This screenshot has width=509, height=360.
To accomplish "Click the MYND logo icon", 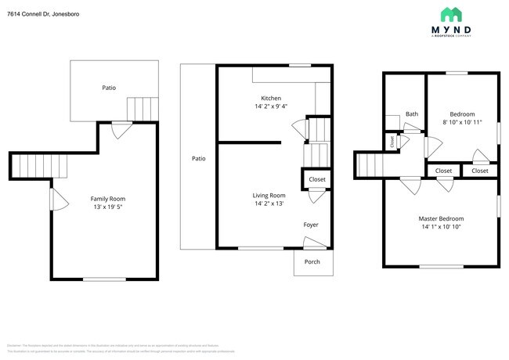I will pyautogui.click(x=451, y=15).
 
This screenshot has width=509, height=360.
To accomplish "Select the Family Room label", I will pyautogui.click(x=108, y=199).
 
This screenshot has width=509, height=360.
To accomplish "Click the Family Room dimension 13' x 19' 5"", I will pyautogui.click(x=108, y=207).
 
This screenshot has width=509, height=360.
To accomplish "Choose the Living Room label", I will pyautogui.click(x=269, y=195).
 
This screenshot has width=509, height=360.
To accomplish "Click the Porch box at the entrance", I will pyautogui.click(x=312, y=262).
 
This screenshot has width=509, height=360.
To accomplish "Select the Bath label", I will pyautogui.click(x=411, y=114).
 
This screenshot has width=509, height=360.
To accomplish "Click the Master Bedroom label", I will pyautogui.click(x=441, y=218).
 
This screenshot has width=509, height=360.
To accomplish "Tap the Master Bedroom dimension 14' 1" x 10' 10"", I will pyautogui.click(x=441, y=228).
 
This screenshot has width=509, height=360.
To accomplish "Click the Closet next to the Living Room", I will pyautogui.click(x=316, y=179).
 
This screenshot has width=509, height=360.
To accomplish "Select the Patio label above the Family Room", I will pyautogui.click(x=109, y=88).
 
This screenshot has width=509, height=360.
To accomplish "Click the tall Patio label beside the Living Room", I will pyautogui.click(x=199, y=158).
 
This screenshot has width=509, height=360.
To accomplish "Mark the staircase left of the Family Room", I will pyautogui.click(x=30, y=165).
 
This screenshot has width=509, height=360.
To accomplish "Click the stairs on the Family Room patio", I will pyautogui.click(x=142, y=108).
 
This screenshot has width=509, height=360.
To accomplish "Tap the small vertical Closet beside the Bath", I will pyautogui.click(x=392, y=141).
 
